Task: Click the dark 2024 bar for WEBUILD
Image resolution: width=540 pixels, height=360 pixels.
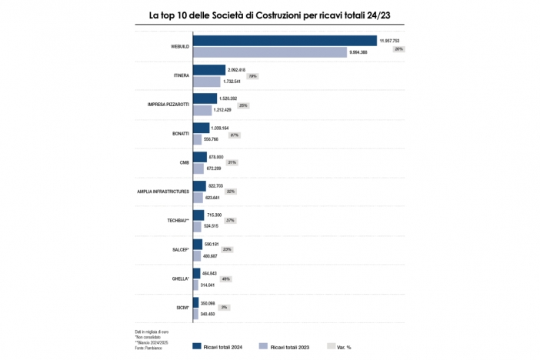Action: coord(285,41)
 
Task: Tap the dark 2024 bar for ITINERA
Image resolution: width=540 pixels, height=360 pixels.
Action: coord(208,70)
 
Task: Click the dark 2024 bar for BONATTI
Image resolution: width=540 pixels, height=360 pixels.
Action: coord(201,128)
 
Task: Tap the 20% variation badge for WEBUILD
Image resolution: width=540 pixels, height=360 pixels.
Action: coord(398,48)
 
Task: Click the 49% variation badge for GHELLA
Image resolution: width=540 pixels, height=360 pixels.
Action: coord(226,279)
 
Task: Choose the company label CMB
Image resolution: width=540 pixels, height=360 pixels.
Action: coord(184,162)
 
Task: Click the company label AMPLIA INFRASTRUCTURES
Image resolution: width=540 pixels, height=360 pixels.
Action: coord(163,192)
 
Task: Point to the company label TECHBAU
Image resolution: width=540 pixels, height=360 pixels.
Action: coord(178,220)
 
